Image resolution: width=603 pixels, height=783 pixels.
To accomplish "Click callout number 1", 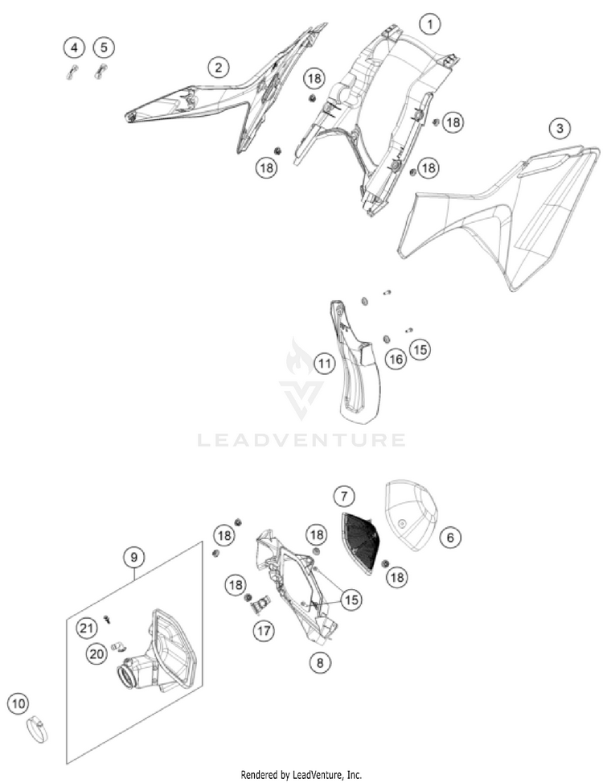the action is coord(430,23).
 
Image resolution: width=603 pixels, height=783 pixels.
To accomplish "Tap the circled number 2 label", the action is coord(218,67).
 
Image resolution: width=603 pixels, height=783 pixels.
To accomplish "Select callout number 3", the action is coord(560,128).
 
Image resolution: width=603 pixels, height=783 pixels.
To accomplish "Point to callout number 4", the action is coord(74,48).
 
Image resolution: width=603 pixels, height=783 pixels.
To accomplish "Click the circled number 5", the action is coord(104,47).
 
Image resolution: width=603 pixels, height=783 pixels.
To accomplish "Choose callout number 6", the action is coord(450,538).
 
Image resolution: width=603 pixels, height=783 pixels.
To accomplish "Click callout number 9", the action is coord(133,557).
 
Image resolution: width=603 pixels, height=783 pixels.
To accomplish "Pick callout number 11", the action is coord(324,364).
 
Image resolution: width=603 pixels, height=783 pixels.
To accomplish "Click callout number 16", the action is coord(396,359).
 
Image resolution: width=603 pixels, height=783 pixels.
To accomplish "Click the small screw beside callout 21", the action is coord(107,619).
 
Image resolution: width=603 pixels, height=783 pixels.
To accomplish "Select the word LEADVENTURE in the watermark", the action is coord(301,440).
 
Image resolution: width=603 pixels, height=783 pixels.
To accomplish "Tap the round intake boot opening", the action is coord(128,677).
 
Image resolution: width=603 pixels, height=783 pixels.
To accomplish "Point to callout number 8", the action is coord(320,662).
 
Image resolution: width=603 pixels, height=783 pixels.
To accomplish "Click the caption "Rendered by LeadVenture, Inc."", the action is coord(301,775).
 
